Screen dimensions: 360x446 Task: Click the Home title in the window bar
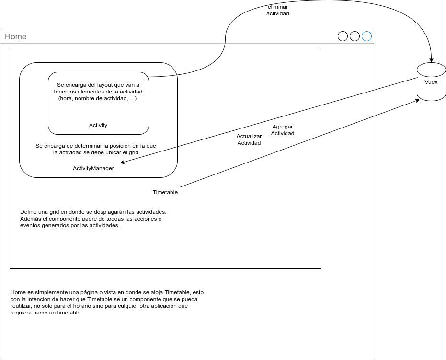pyautogui.click(x=16, y=37)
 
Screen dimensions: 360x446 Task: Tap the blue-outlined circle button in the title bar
pyautogui.click(x=366, y=36)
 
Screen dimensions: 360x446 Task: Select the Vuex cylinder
pyautogui.click(x=431, y=82)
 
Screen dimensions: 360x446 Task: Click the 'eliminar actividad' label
pyautogui.click(x=278, y=11)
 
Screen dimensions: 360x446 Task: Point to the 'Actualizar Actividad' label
pyautogui.click(x=249, y=139)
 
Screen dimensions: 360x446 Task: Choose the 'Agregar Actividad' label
pyautogui.click(x=283, y=130)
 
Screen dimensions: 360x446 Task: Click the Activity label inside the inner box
pyautogui.click(x=98, y=125)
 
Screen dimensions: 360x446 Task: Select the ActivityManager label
pyautogui.click(x=93, y=168)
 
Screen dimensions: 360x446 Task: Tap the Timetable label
pyautogui.click(x=165, y=192)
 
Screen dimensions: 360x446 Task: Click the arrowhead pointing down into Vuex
pyautogui.click(x=431, y=60)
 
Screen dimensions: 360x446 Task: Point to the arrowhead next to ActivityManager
pyautogui.click(x=123, y=163)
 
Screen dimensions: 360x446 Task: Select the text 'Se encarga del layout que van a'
pyautogui.click(x=98, y=85)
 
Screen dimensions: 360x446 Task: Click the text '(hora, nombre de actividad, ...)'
pyautogui.click(x=98, y=98)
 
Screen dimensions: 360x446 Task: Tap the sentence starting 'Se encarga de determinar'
pyautogui.click(x=96, y=145)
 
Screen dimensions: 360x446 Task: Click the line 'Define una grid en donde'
pyautogui.click(x=93, y=211)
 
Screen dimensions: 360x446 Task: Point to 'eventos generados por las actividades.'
pyautogui.click(x=69, y=225)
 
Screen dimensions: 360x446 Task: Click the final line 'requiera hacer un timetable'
pyautogui.click(x=46, y=313)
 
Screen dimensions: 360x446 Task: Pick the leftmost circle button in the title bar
pyautogui.click(x=343, y=36)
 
